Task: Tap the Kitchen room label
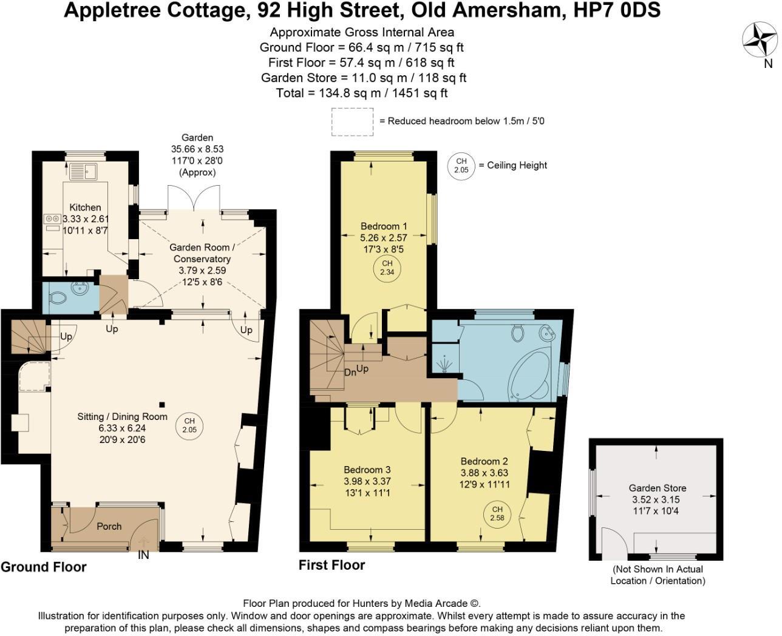click(85, 208)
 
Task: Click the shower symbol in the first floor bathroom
click(444, 364)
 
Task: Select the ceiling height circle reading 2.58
click(497, 513)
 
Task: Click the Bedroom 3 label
click(367, 470)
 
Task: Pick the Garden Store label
click(658, 488)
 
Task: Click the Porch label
click(109, 526)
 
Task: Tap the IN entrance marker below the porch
click(143, 555)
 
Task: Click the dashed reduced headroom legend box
click(352, 121)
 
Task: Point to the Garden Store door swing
click(614, 543)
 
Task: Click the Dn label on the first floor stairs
click(350, 373)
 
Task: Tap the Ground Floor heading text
click(44, 567)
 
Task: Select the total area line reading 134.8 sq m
click(362, 93)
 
